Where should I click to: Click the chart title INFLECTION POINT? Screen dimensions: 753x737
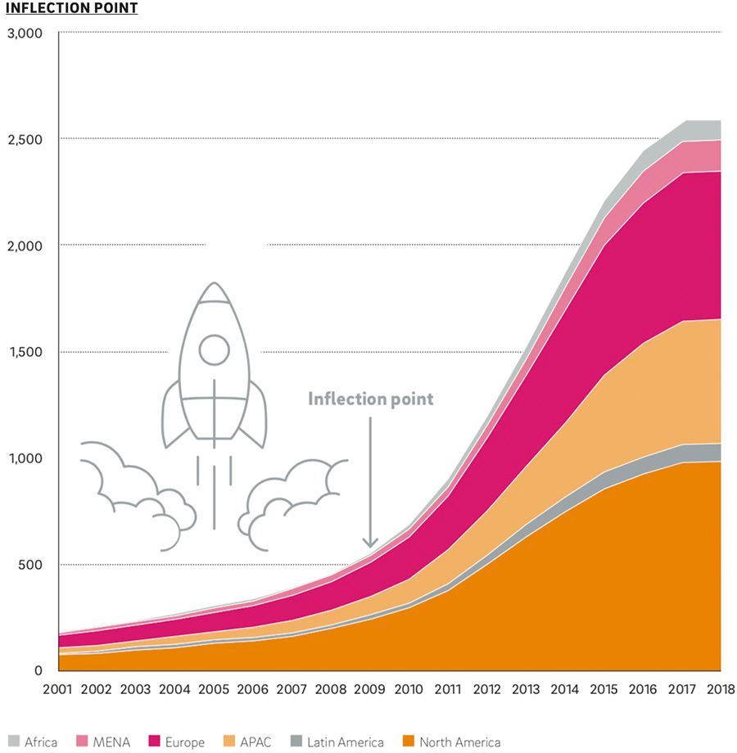72,8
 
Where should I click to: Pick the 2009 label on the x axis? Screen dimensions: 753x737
370,689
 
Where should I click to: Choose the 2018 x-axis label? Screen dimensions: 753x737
721,689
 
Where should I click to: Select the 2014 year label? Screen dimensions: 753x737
565,689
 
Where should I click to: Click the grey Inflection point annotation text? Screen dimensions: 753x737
370,399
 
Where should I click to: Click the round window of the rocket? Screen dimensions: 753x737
215,349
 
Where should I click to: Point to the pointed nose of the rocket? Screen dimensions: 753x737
215,286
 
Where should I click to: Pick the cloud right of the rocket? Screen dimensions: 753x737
295,499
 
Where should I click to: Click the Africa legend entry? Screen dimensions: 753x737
33,742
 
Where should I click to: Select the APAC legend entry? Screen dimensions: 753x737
246,742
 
